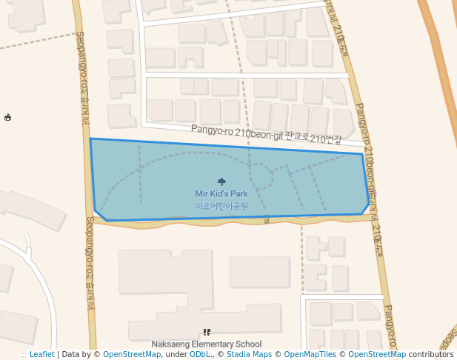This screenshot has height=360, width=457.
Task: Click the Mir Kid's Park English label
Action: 221,194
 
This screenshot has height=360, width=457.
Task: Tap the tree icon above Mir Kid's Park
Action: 221,181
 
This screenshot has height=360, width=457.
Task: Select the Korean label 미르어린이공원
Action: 221,206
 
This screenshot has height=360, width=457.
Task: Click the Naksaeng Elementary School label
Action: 207,344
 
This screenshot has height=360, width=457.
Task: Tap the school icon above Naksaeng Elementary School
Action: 207,333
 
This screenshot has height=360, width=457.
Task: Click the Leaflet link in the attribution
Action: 41,355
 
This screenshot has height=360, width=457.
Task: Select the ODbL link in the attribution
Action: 199,355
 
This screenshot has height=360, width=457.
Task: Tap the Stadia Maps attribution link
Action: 249,355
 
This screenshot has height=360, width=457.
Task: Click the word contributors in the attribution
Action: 431,355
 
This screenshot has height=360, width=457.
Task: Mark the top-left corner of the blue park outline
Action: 90,139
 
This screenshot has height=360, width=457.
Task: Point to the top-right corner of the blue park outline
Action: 362,155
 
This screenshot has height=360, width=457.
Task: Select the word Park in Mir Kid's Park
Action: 238,194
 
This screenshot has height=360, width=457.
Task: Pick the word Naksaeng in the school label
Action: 170,344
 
